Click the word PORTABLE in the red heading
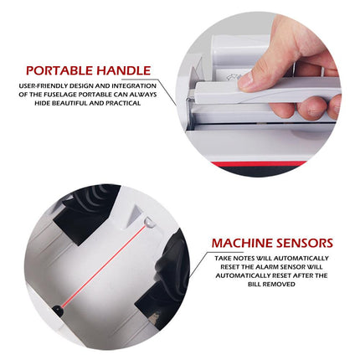tap(59, 70)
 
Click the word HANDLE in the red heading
tap(124, 70)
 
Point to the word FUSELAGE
tap(61, 95)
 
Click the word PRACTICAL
tap(123, 103)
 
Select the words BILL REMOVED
tap(271, 285)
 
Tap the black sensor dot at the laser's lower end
tap(58, 309)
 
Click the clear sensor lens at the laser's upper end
tap(149, 223)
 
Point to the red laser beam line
tap(104, 265)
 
